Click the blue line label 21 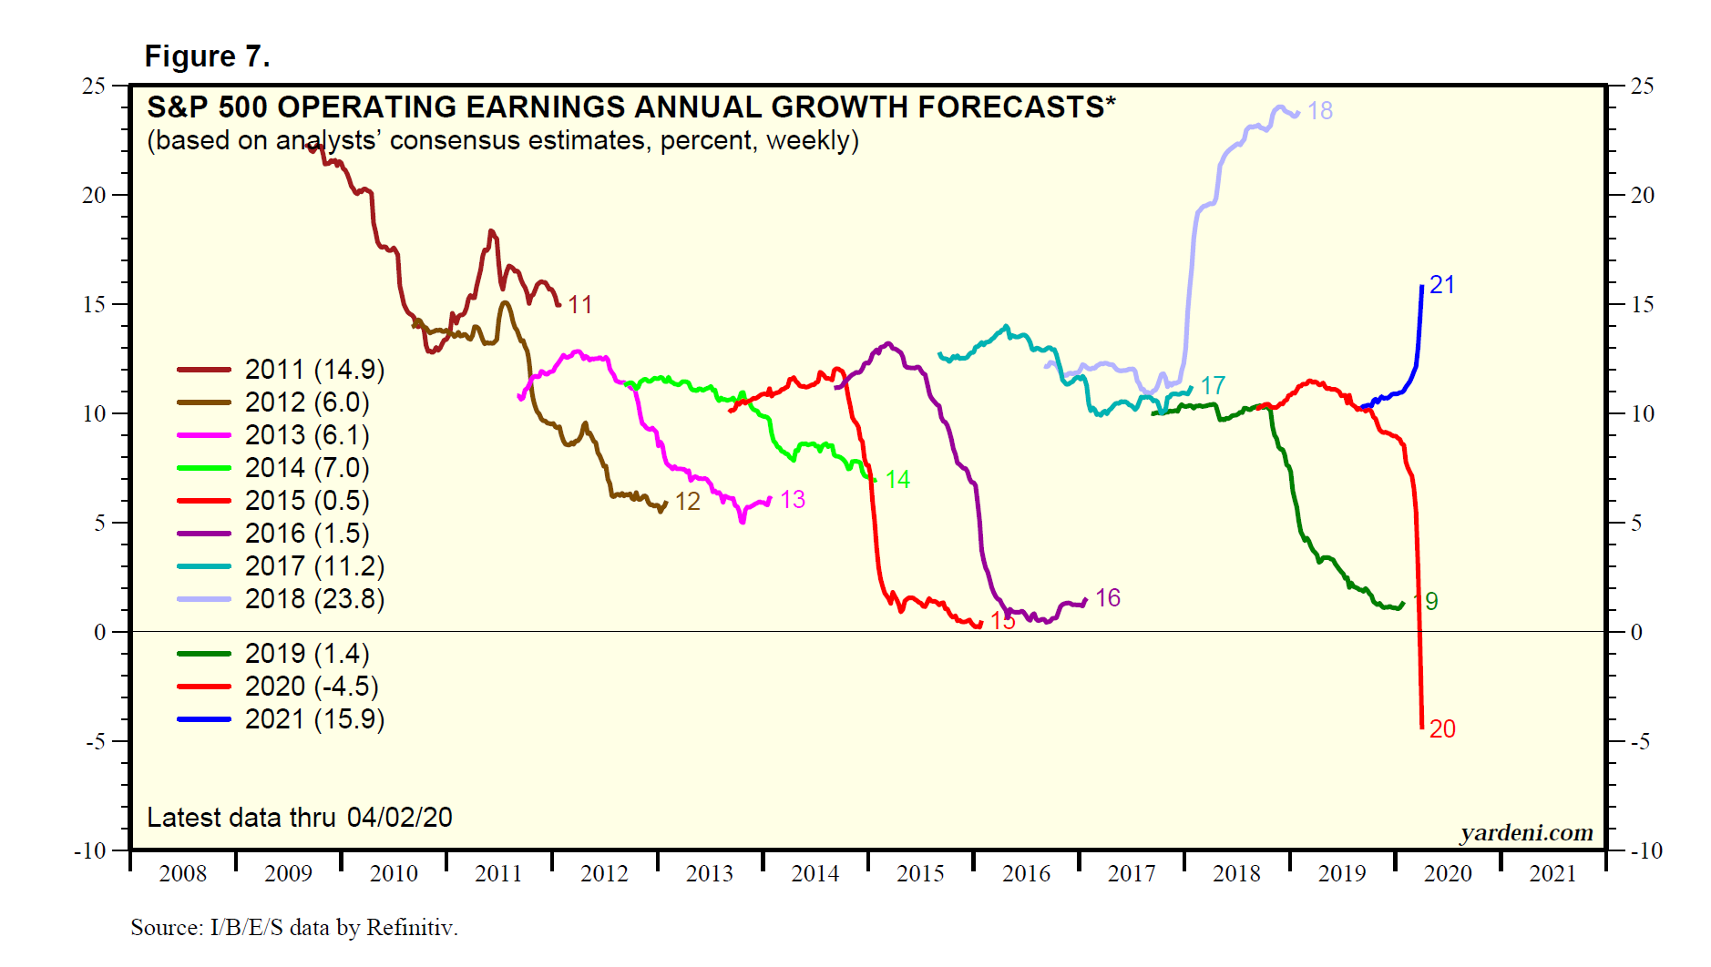click(x=1441, y=285)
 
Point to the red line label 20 click(x=1442, y=729)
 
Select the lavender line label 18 click(x=1319, y=111)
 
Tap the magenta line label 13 click(x=793, y=500)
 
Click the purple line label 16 click(x=1108, y=598)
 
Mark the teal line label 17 click(x=1213, y=386)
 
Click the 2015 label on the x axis click(x=920, y=874)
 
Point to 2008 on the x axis click(x=183, y=874)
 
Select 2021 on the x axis click(x=1552, y=874)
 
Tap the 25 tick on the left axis click(x=94, y=87)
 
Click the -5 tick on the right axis click(x=1639, y=742)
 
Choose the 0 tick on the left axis click(x=99, y=633)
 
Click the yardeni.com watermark click(x=1526, y=833)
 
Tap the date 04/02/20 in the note click(x=400, y=818)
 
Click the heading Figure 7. click(x=208, y=56)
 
